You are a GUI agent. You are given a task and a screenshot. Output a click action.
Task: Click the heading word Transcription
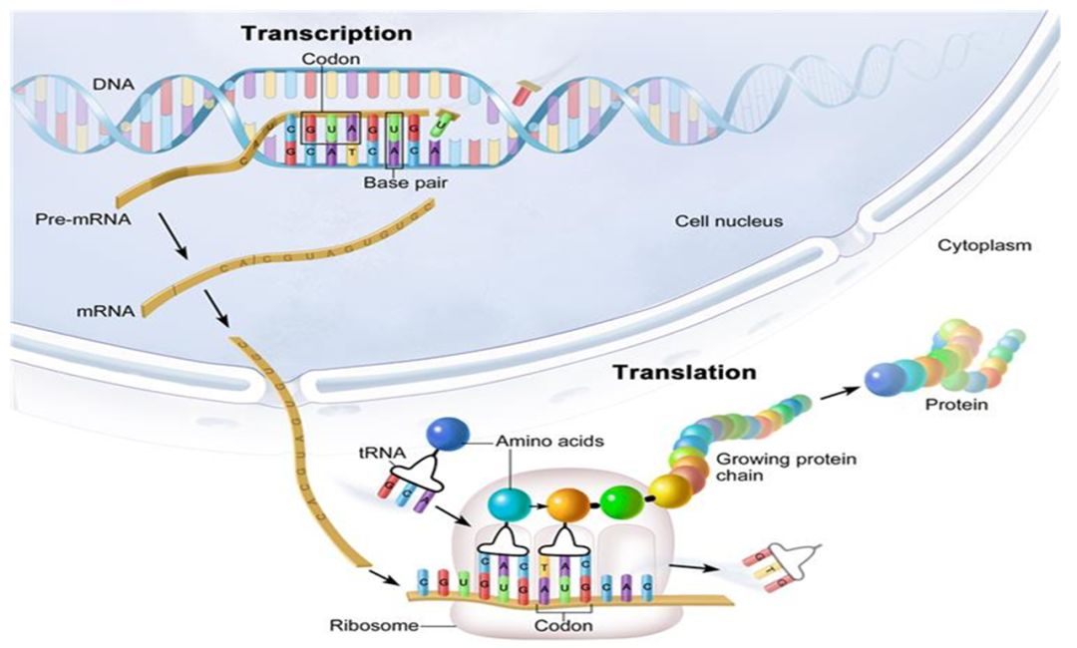[x=326, y=33]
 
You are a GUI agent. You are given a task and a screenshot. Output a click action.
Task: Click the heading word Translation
[x=684, y=373]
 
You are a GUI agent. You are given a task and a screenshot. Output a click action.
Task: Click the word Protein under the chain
[x=956, y=406]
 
